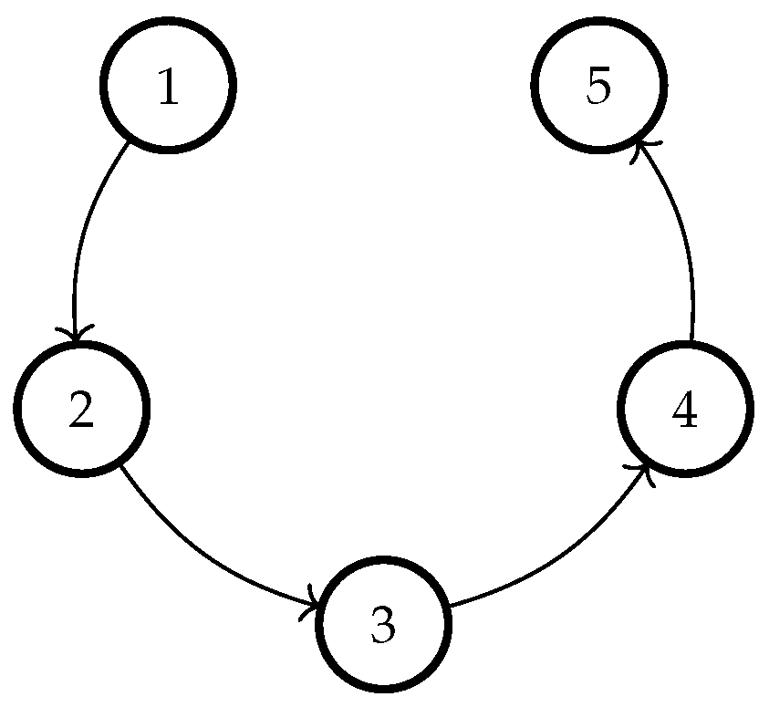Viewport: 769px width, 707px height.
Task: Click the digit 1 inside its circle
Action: coord(168,88)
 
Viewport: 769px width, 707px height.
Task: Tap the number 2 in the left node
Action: coord(81,411)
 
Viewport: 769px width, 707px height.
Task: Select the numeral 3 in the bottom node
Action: coord(384,626)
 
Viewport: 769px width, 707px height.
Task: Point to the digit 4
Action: coord(684,411)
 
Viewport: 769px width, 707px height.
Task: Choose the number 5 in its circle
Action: coord(598,88)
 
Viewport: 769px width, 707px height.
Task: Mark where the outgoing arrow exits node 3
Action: coord(451,605)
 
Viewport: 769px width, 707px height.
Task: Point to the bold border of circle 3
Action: coord(384,557)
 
